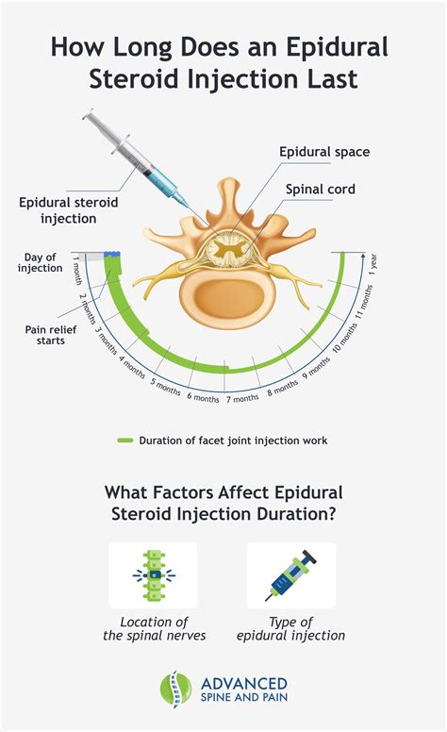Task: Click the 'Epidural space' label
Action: click(324, 151)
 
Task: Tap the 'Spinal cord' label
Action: click(321, 189)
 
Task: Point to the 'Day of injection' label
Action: click(39, 262)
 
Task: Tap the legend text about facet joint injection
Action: click(234, 440)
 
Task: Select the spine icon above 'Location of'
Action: click(153, 575)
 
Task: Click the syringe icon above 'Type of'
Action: click(290, 575)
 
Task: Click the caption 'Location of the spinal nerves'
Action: click(153, 628)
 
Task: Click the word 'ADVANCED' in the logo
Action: click(237, 682)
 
